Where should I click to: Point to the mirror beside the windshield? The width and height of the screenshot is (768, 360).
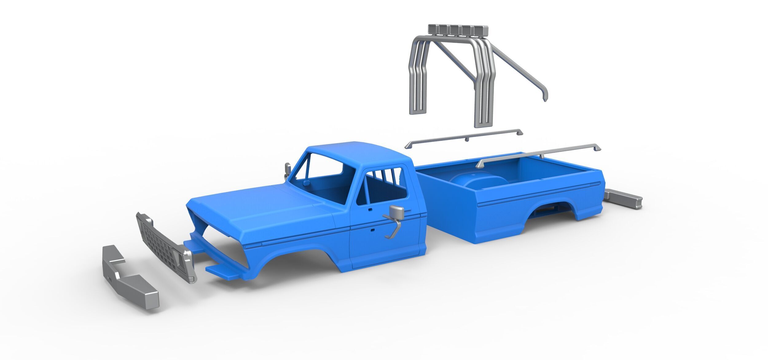coord(288,169)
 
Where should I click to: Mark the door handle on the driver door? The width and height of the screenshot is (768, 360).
coord(370,209)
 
